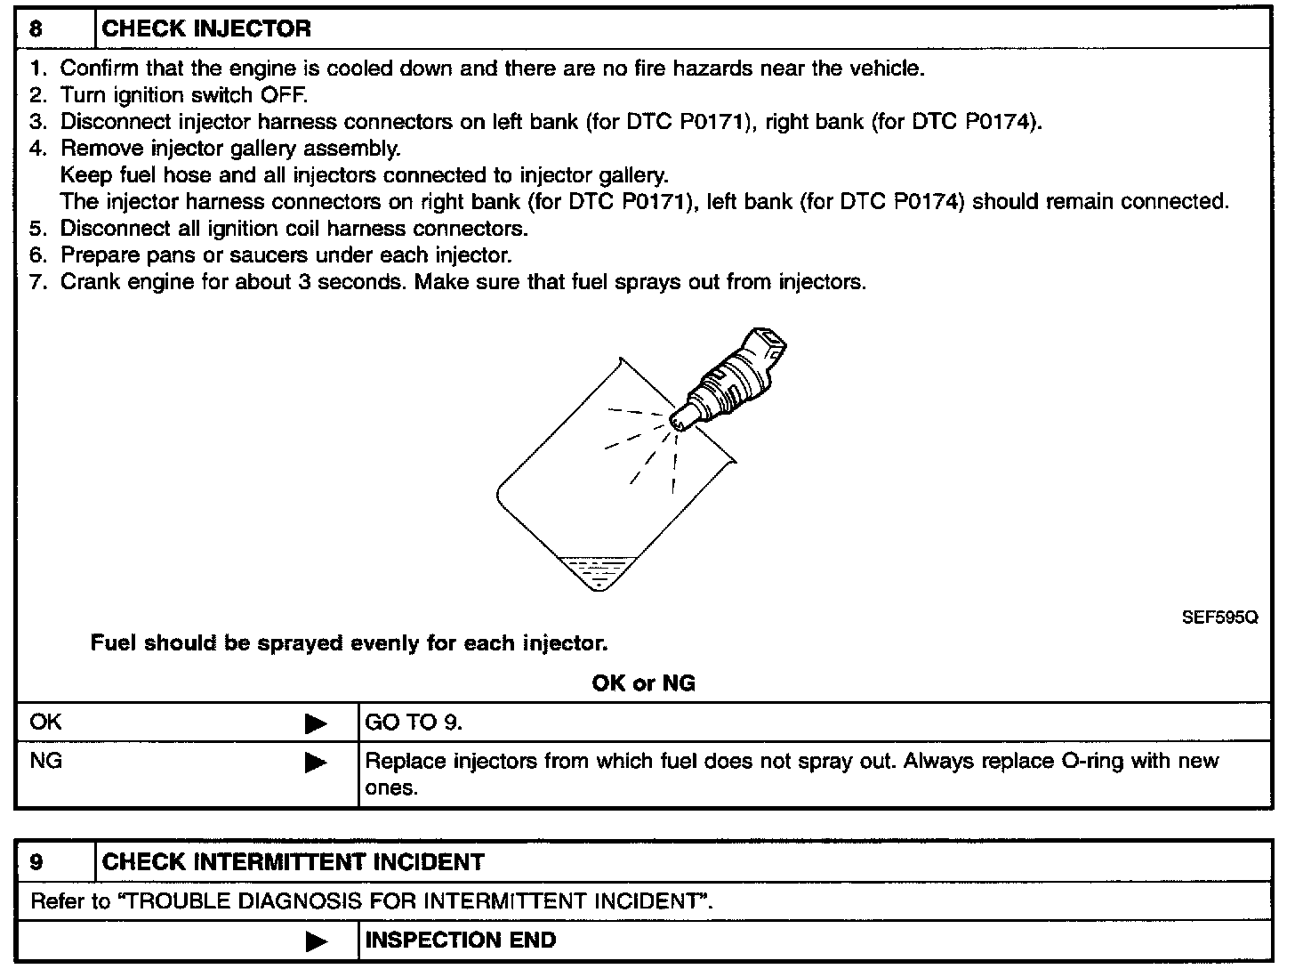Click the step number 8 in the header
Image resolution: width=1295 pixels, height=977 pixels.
point(36,28)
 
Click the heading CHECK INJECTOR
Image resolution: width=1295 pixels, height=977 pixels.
point(206,28)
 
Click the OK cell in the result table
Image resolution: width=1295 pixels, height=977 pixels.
point(46,722)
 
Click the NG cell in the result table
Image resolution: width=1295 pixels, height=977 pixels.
point(46,762)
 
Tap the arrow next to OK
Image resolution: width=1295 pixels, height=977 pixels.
point(316,723)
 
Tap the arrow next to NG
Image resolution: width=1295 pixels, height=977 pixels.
point(316,763)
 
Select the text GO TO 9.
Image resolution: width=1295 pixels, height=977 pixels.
point(414,723)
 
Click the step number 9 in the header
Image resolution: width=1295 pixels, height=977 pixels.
point(36,861)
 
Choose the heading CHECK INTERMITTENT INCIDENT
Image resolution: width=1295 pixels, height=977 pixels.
point(294,861)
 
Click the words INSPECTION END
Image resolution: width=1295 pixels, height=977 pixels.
point(461,940)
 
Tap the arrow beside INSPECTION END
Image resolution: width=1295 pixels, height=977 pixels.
point(316,941)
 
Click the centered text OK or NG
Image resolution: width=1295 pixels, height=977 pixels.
point(643,682)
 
